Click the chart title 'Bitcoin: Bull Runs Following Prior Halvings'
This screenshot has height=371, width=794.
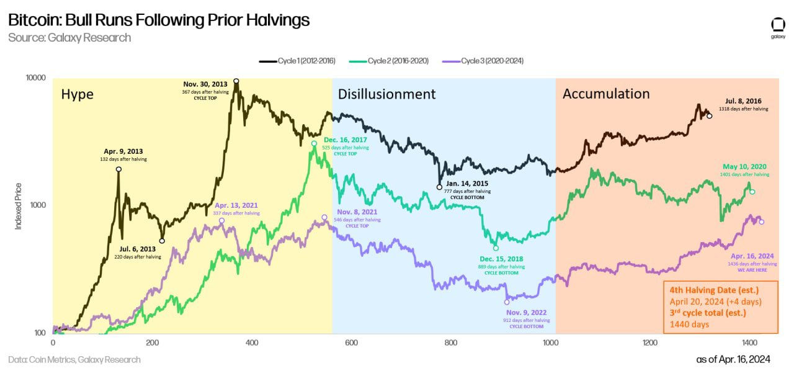(159, 20)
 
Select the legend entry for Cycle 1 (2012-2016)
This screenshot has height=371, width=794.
(298, 61)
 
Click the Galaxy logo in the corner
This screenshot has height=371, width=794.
(778, 27)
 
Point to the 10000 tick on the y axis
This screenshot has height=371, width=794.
(35, 78)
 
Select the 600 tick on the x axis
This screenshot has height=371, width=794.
(352, 342)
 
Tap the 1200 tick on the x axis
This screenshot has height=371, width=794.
(650, 342)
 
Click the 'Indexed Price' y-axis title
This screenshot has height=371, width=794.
(19, 206)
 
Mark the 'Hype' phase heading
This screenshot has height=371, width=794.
(77, 94)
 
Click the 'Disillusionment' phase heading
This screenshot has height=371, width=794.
(386, 94)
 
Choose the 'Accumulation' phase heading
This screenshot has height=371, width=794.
(605, 94)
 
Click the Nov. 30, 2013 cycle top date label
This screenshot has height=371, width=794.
(205, 84)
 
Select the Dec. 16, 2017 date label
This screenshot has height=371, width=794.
(346, 140)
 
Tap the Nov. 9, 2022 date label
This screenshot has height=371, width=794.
(526, 312)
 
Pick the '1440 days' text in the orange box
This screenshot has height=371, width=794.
(689, 324)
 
